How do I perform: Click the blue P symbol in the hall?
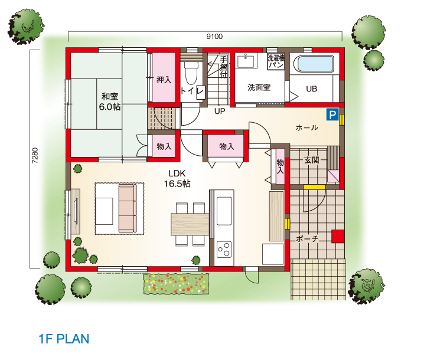332,114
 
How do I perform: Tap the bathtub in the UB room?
315,64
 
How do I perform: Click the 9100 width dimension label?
214,37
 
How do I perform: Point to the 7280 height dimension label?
35,155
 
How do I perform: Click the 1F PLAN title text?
64,339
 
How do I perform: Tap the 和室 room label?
110,96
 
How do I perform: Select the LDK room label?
177,174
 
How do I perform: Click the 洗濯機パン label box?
276,61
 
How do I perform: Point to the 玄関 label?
311,160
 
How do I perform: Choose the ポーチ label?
307,238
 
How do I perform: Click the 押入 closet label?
164,80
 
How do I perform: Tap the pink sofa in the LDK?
128,208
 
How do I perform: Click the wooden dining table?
190,224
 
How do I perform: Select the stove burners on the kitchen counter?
224,250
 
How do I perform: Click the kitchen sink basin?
224,211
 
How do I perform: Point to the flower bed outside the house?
176,284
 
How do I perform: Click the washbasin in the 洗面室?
246,61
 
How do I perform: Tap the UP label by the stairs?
220,112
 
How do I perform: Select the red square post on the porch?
338,237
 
